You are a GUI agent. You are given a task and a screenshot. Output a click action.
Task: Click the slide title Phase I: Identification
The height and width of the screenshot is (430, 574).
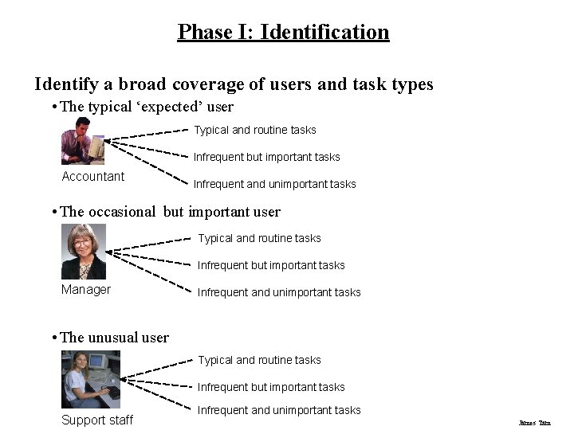click(283, 33)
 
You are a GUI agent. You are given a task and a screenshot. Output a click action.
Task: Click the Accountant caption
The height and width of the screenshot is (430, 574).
click(93, 177)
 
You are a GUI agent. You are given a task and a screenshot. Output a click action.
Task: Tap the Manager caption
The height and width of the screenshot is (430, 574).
click(86, 290)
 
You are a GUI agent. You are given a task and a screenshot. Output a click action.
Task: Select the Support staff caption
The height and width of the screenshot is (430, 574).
click(97, 420)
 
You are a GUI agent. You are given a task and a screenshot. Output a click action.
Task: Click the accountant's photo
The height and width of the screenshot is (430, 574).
click(83, 141)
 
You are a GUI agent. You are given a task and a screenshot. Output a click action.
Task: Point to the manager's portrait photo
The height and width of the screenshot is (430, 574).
click(84, 251)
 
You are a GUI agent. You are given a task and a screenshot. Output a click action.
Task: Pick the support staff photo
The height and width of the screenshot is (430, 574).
click(91, 379)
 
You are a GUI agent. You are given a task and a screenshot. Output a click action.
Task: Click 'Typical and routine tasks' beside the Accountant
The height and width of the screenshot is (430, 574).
click(255, 130)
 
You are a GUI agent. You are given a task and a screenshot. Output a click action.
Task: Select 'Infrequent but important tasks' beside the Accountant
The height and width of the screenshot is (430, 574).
click(267, 157)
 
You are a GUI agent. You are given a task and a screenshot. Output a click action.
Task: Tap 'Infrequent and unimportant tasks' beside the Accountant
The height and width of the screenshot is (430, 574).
click(275, 184)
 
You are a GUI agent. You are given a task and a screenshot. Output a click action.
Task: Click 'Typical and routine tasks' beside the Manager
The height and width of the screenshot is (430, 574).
click(260, 238)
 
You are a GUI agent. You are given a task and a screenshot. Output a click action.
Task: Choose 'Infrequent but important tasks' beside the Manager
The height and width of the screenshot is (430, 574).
click(271, 265)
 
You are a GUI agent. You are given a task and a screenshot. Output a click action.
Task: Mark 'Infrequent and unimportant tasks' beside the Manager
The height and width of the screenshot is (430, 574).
click(279, 292)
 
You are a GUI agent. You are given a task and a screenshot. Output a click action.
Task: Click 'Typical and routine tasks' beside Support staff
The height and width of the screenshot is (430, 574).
click(260, 360)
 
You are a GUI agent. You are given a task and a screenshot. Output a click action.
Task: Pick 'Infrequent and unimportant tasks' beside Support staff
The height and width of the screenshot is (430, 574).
click(279, 410)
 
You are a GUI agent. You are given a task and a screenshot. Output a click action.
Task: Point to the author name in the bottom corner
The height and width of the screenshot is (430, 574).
click(534, 423)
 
